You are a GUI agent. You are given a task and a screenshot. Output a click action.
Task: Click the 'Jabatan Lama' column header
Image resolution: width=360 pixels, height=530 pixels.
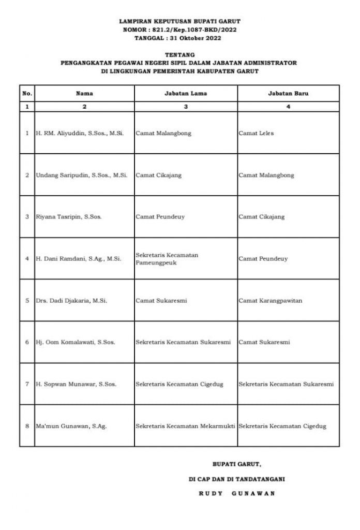186,94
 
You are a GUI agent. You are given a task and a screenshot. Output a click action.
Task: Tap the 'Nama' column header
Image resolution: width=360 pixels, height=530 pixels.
84,94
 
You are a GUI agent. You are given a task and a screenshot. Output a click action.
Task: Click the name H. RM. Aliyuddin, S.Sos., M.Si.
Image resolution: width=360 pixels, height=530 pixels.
80,133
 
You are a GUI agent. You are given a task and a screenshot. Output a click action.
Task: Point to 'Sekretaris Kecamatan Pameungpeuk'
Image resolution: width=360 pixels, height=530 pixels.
167,259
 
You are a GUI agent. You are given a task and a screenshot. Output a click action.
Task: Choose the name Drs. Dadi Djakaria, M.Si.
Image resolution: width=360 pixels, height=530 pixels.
71,300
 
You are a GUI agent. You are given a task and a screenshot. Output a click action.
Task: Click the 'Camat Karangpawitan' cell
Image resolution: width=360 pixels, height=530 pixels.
269,300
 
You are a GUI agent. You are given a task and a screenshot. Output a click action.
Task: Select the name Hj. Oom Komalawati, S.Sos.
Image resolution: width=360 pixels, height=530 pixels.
75,342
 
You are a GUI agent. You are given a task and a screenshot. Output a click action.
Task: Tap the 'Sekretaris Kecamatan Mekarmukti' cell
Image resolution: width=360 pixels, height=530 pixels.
185,426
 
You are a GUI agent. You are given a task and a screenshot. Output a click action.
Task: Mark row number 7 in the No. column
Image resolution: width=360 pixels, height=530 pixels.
27,384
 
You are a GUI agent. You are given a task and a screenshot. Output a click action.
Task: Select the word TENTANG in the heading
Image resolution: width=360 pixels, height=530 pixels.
179,54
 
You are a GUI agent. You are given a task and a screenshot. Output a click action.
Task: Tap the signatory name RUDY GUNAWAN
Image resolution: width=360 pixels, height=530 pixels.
237,493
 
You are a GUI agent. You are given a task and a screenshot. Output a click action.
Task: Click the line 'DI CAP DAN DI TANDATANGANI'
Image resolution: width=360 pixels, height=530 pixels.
237,479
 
